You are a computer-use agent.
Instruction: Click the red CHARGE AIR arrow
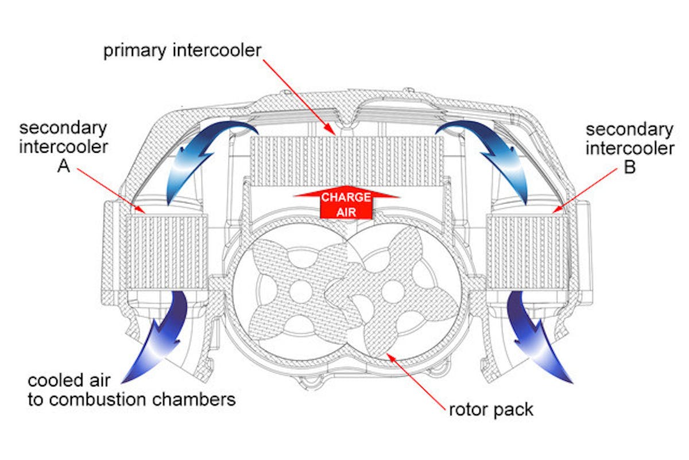tap(346, 204)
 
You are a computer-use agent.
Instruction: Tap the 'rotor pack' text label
tap(491, 409)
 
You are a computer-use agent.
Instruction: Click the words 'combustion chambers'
tap(154, 400)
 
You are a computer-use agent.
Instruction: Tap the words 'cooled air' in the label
tap(72, 380)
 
